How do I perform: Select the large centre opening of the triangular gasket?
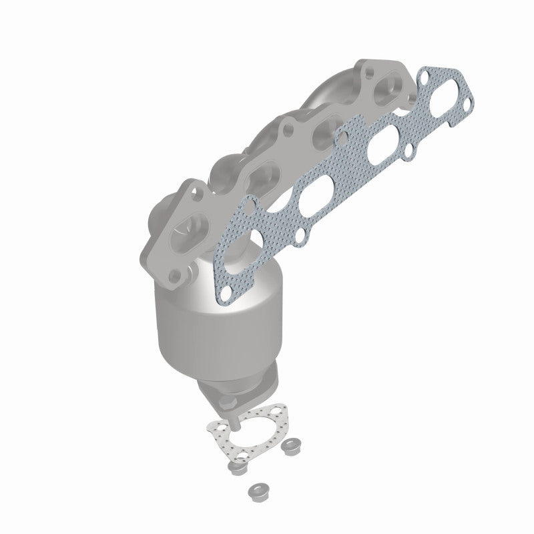point(257,434)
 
